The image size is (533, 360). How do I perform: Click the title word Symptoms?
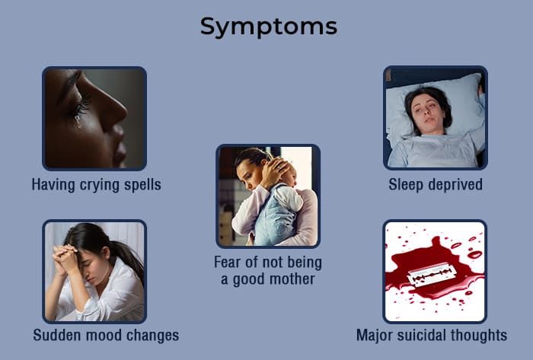click(x=269, y=27)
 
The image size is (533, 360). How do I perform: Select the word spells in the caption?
click(x=142, y=186)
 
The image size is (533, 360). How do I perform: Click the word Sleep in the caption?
click(x=406, y=186)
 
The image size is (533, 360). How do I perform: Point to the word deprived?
click(x=455, y=185)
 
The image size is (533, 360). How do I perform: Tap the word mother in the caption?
click(x=292, y=279)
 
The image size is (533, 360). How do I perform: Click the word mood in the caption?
click(x=99, y=335)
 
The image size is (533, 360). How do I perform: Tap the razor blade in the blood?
click(x=432, y=276)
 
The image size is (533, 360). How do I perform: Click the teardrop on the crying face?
click(x=78, y=120)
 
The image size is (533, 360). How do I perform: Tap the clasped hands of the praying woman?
click(x=65, y=256)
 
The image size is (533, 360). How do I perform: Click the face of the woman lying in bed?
click(x=427, y=112)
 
